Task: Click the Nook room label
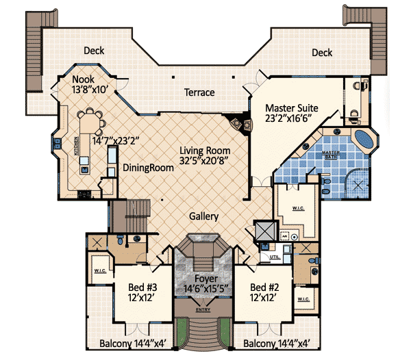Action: pos(84,79)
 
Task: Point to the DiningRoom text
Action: pos(146,167)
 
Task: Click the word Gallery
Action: pos(203,216)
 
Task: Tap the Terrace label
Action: pos(199,92)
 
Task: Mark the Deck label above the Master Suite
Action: pos(321,53)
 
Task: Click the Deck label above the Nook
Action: pos(94,50)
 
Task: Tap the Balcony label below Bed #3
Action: pos(129,343)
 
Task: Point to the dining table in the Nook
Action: pos(90,123)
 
